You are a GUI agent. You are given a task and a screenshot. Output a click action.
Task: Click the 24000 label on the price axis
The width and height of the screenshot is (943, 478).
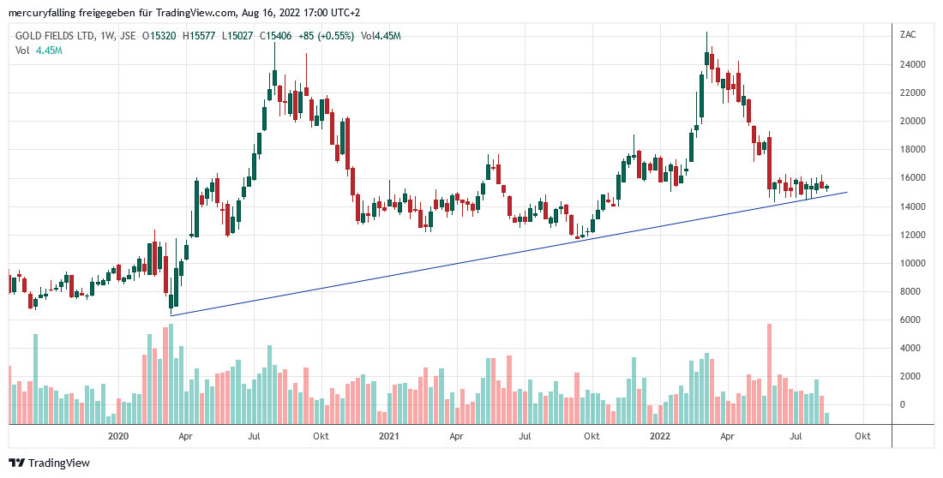912,64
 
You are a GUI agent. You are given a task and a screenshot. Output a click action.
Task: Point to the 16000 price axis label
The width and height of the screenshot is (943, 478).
912,178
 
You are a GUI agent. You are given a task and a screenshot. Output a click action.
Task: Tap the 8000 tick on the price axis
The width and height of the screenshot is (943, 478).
910,291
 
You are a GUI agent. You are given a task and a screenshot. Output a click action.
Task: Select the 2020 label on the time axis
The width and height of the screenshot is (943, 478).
118,437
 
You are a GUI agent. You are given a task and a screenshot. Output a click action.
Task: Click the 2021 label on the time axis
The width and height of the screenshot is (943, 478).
389,437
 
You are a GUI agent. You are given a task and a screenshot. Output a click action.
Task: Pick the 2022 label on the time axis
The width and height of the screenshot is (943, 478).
660,437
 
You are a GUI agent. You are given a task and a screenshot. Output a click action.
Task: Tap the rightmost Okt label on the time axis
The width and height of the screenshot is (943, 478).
862,437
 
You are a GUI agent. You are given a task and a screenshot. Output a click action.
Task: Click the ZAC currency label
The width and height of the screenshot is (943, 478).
907,35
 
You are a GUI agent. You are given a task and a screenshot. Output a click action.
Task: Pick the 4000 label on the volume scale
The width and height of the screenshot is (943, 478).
910,348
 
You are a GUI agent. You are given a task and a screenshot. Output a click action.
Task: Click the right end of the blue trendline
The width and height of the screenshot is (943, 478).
847,192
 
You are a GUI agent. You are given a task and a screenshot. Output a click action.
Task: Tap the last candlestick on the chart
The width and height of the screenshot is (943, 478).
827,187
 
